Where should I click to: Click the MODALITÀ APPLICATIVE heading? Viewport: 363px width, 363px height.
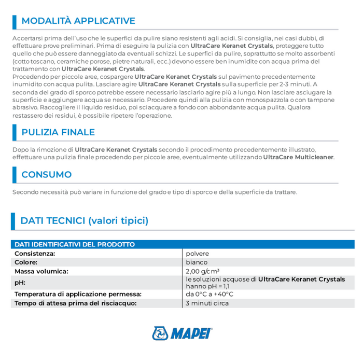pyautogui.click(x=78, y=21)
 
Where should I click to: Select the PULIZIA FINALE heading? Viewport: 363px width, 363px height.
pyautogui.click(x=58, y=132)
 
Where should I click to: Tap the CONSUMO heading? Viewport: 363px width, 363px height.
pyautogui.click(x=47, y=175)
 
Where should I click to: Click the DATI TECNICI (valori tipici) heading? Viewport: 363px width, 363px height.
pyautogui.click(x=85, y=221)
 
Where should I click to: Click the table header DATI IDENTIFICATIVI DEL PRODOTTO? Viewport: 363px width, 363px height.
pyautogui.click(x=75, y=245)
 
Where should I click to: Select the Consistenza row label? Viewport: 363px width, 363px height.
pyautogui.click(x=35, y=254)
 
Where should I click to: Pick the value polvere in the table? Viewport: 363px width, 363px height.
pyautogui.click(x=197, y=254)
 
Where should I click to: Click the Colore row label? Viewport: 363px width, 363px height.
pyautogui.click(x=26, y=262)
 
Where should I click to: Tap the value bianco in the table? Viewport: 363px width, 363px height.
pyautogui.click(x=197, y=262)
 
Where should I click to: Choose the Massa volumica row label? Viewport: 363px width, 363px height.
pyautogui.click(x=41, y=271)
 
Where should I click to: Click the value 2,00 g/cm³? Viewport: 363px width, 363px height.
pyautogui.click(x=203, y=271)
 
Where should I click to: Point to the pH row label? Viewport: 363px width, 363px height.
pyautogui.click(x=20, y=283)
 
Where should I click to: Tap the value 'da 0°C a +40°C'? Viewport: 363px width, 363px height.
pyautogui.click(x=210, y=295)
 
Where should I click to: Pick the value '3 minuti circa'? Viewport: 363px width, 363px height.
pyautogui.click(x=207, y=303)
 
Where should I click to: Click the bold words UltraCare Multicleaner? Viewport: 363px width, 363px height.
pyautogui.click(x=298, y=157)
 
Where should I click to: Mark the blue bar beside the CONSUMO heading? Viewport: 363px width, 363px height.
pyautogui.click(x=14, y=175)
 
